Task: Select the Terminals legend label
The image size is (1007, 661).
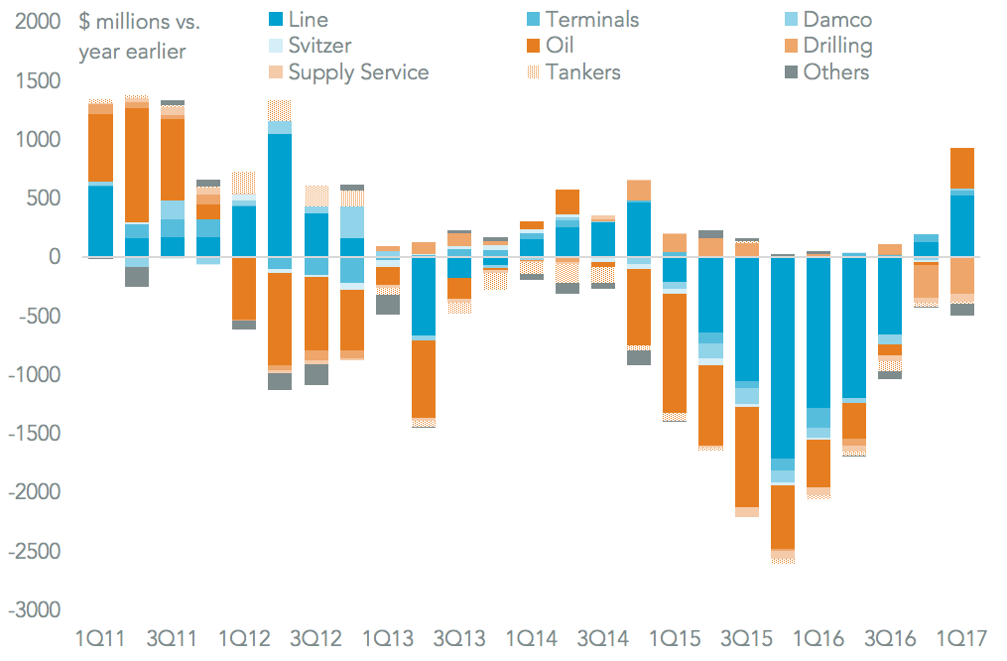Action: click(x=591, y=20)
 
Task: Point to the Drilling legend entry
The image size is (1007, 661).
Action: click(x=837, y=46)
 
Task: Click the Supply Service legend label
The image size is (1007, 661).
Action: click(x=358, y=71)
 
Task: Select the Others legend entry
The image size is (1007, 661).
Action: click(x=835, y=71)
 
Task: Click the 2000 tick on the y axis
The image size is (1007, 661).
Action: click(x=37, y=23)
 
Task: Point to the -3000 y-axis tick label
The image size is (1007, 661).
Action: click(x=34, y=609)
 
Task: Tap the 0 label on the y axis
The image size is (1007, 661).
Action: click(x=54, y=258)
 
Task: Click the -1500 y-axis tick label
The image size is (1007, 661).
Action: click(x=34, y=434)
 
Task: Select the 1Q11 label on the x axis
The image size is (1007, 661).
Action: click(x=101, y=638)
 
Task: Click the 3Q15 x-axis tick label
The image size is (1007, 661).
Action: click(x=747, y=638)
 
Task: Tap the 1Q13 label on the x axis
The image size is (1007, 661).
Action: click(x=388, y=638)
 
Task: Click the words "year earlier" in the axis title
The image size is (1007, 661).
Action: click(x=131, y=51)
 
